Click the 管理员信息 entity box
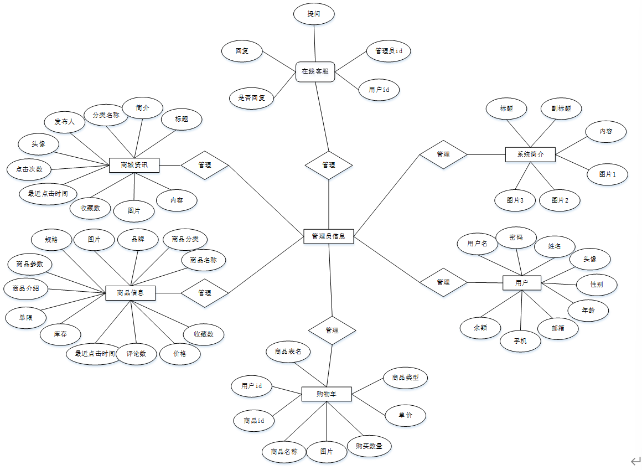329,236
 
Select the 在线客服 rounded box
315,71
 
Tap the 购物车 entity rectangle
327,395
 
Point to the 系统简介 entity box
530,154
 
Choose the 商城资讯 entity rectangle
134,165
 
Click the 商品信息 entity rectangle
131,293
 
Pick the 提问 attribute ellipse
314,14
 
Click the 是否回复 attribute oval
252,98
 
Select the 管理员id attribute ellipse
389,51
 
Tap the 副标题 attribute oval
561,109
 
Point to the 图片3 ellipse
515,200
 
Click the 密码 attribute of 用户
516,237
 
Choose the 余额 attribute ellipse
480,328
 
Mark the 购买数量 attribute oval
369,446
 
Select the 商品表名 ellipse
288,352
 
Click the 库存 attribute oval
60,334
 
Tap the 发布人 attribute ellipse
64,122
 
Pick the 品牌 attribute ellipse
138,240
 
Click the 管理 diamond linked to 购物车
332,330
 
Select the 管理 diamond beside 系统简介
443,154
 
